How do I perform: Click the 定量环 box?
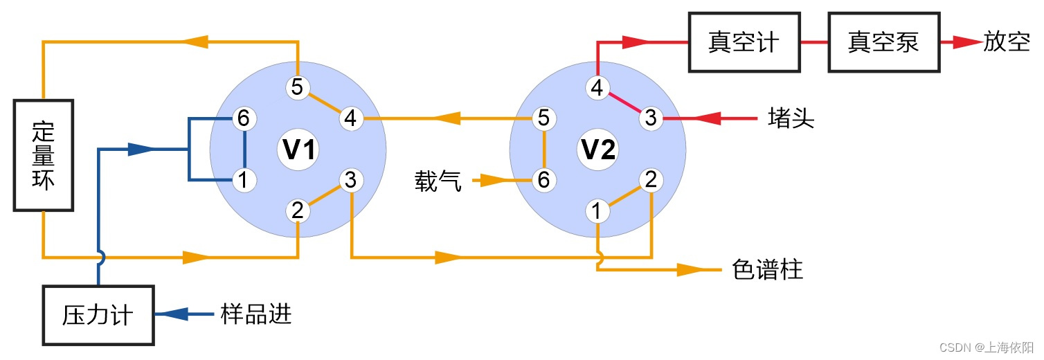tap(43, 156)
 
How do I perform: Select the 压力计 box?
tap(98, 315)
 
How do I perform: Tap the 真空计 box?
tap(744, 43)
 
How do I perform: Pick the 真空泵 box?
tap(883, 43)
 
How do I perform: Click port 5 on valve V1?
tap(298, 88)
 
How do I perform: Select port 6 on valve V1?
tap(244, 119)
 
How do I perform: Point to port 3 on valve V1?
tap(351, 181)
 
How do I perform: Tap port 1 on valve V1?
tap(244, 181)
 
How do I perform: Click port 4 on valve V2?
tap(597, 88)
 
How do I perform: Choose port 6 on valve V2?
tap(544, 181)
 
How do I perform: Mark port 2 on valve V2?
tap(651, 181)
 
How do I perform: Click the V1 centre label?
tap(298, 150)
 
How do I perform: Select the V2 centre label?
tap(597, 150)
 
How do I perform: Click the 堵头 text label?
tap(791, 119)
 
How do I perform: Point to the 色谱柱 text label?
tap(767, 269)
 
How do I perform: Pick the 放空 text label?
tap(1007, 43)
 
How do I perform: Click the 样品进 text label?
tap(256, 315)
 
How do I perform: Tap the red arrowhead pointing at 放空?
tap(962, 43)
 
